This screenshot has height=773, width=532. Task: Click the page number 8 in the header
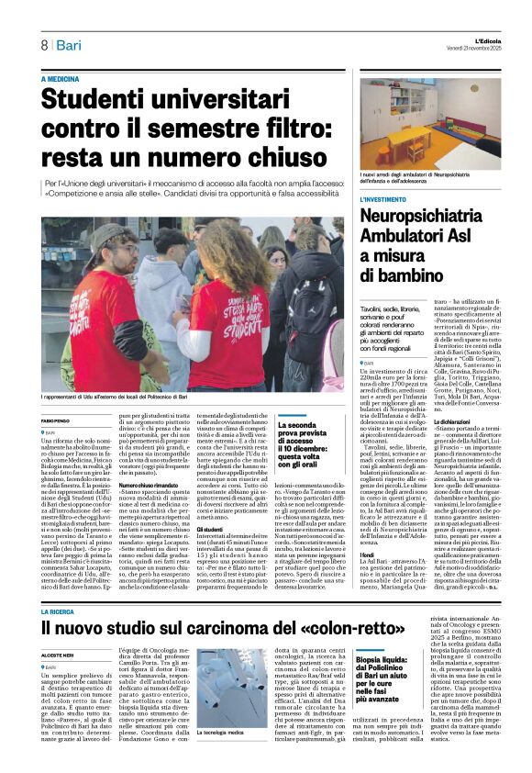click(43, 45)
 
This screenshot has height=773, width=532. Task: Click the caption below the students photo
click(127, 396)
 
